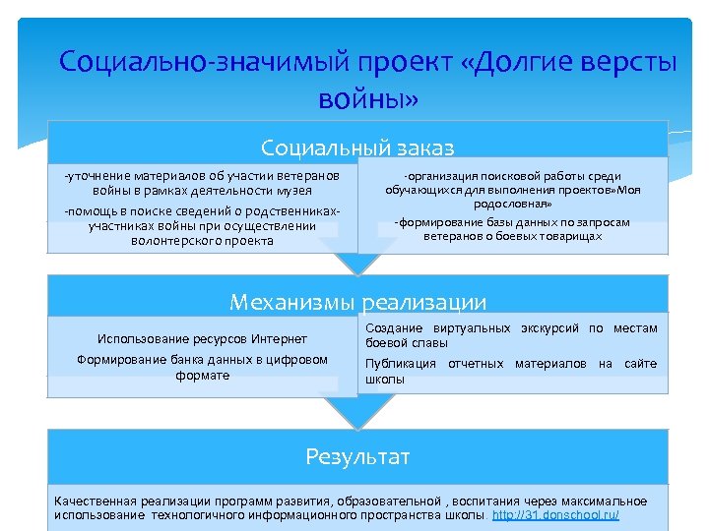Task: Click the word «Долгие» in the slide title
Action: coord(517,63)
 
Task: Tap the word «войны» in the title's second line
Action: coord(368,98)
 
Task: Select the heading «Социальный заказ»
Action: coord(357,147)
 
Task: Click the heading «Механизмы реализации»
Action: coord(357,302)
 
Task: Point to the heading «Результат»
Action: coord(357,456)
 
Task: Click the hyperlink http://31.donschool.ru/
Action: coord(555,515)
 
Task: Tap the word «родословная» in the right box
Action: coord(512,204)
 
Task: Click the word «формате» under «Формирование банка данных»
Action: coord(202,375)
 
